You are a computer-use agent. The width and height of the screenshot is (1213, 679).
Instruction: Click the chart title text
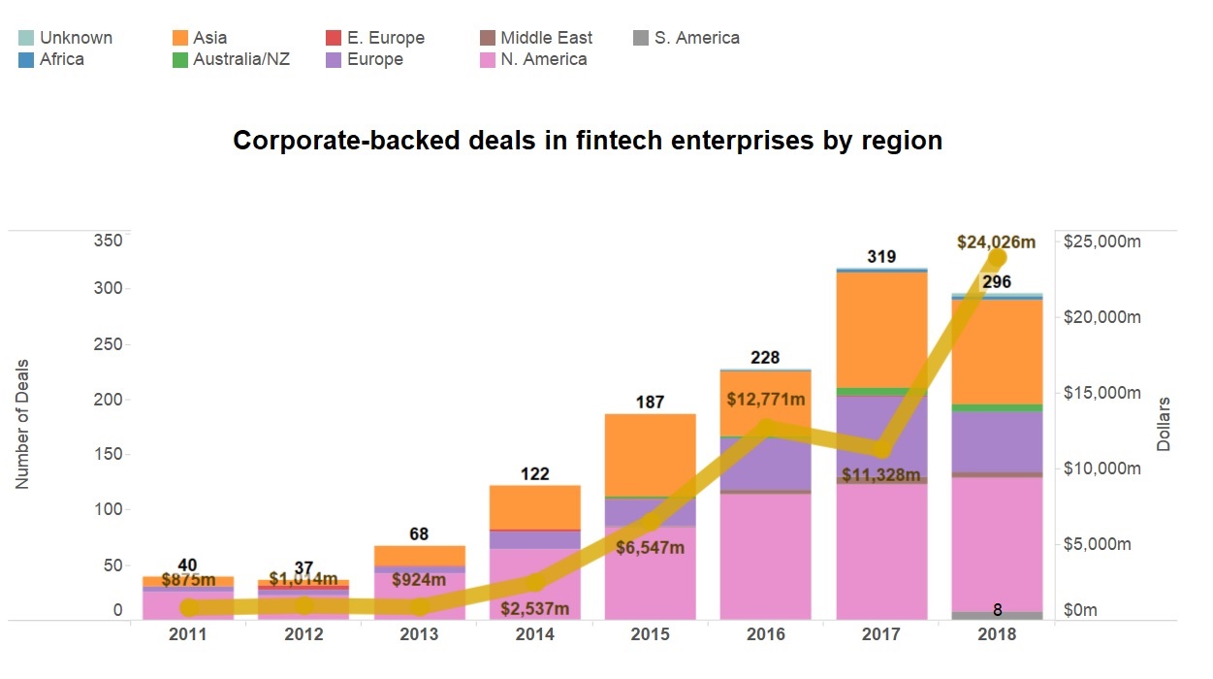[588, 141]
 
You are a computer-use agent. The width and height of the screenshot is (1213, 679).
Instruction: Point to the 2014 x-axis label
[534, 634]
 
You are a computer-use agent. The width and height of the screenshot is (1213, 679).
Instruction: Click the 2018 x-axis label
[997, 634]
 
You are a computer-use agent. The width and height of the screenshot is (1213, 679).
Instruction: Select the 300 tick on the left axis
[109, 289]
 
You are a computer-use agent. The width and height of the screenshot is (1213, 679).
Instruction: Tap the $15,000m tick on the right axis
[1102, 393]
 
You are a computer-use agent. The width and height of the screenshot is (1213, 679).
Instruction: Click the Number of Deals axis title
[22, 423]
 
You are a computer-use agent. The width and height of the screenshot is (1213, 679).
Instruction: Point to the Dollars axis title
[1164, 423]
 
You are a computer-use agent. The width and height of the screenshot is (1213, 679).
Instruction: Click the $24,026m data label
[997, 242]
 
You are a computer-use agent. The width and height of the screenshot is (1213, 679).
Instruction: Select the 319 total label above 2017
[880, 257]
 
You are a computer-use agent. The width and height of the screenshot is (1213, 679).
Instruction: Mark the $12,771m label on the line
[766, 399]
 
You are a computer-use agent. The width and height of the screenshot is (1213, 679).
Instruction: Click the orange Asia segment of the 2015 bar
[651, 454]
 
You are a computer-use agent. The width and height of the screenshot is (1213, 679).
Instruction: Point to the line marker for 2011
[190, 608]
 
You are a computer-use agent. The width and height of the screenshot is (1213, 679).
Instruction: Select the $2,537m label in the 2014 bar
[535, 609]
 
